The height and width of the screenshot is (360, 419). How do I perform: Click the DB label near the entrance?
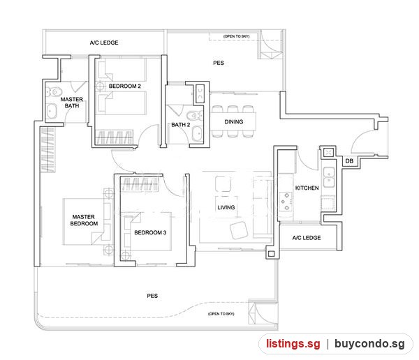349,161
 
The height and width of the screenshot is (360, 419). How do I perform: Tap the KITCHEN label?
307,188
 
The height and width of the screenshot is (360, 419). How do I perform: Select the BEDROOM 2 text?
125,87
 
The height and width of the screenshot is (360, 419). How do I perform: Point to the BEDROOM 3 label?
150,232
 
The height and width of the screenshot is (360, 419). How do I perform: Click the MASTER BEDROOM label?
84,220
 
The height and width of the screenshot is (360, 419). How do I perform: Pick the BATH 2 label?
181,125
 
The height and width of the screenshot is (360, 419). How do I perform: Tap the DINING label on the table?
234,122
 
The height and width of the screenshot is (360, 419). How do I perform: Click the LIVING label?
226,207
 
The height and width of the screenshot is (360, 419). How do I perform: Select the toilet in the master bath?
54,92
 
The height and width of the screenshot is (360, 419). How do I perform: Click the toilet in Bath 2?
195,116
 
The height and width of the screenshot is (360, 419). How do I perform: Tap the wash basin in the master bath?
51,112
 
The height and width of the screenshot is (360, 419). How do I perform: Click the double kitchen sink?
329,177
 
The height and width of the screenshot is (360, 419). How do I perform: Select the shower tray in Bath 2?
200,93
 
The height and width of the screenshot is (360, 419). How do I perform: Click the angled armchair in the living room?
239,230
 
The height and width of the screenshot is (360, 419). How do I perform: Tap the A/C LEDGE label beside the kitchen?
307,238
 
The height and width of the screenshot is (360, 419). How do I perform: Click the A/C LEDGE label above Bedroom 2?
104,43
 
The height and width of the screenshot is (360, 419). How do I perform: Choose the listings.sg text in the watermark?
293,344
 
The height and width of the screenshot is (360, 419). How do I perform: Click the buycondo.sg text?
369,344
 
